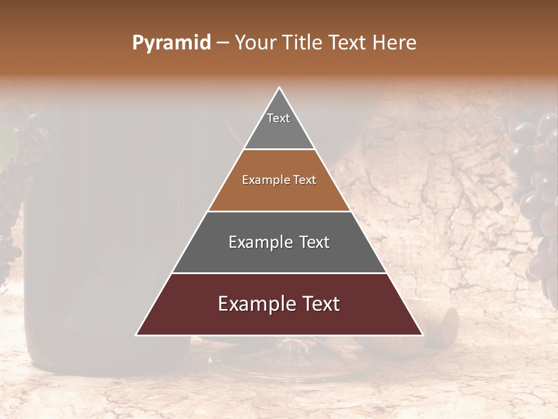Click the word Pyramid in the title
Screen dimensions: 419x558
[171, 43]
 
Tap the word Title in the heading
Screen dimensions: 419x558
[303, 43]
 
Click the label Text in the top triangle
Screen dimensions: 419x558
[278, 118]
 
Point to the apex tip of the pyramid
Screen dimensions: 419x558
[279, 88]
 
